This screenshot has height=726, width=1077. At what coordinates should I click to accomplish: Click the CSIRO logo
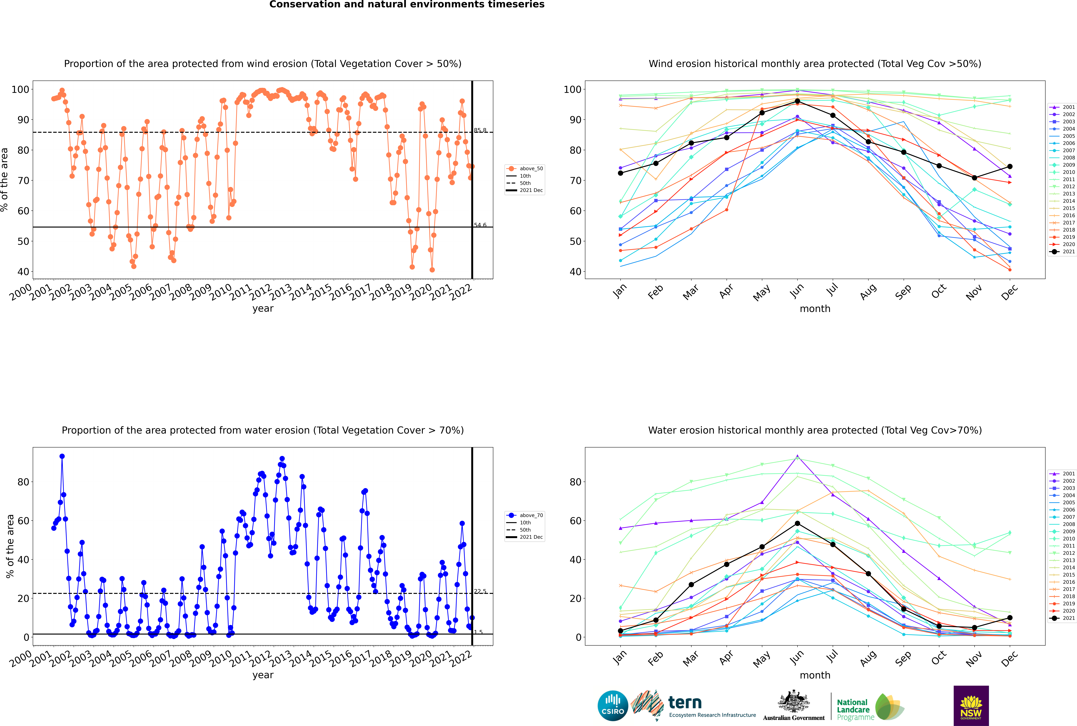point(613,706)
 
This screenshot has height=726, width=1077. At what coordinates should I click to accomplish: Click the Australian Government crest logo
point(794,706)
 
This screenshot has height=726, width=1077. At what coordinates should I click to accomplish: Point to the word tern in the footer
point(685,702)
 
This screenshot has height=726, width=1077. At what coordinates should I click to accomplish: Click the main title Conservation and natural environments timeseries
point(407,5)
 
